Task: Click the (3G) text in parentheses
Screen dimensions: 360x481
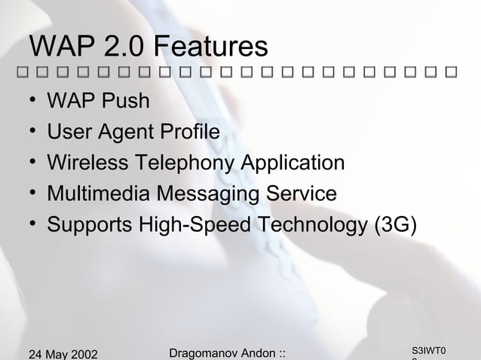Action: click(391, 225)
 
